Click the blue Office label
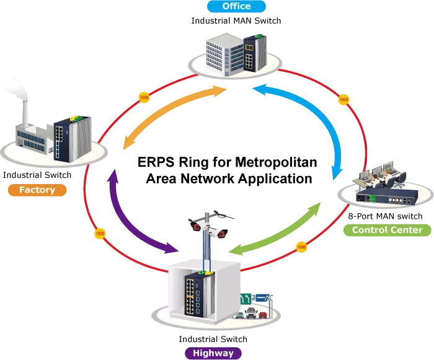[237, 7]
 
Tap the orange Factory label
[37, 190]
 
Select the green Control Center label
[387, 230]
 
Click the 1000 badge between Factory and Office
[144, 98]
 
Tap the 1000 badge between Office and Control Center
[343, 99]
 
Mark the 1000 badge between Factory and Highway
[99, 234]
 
